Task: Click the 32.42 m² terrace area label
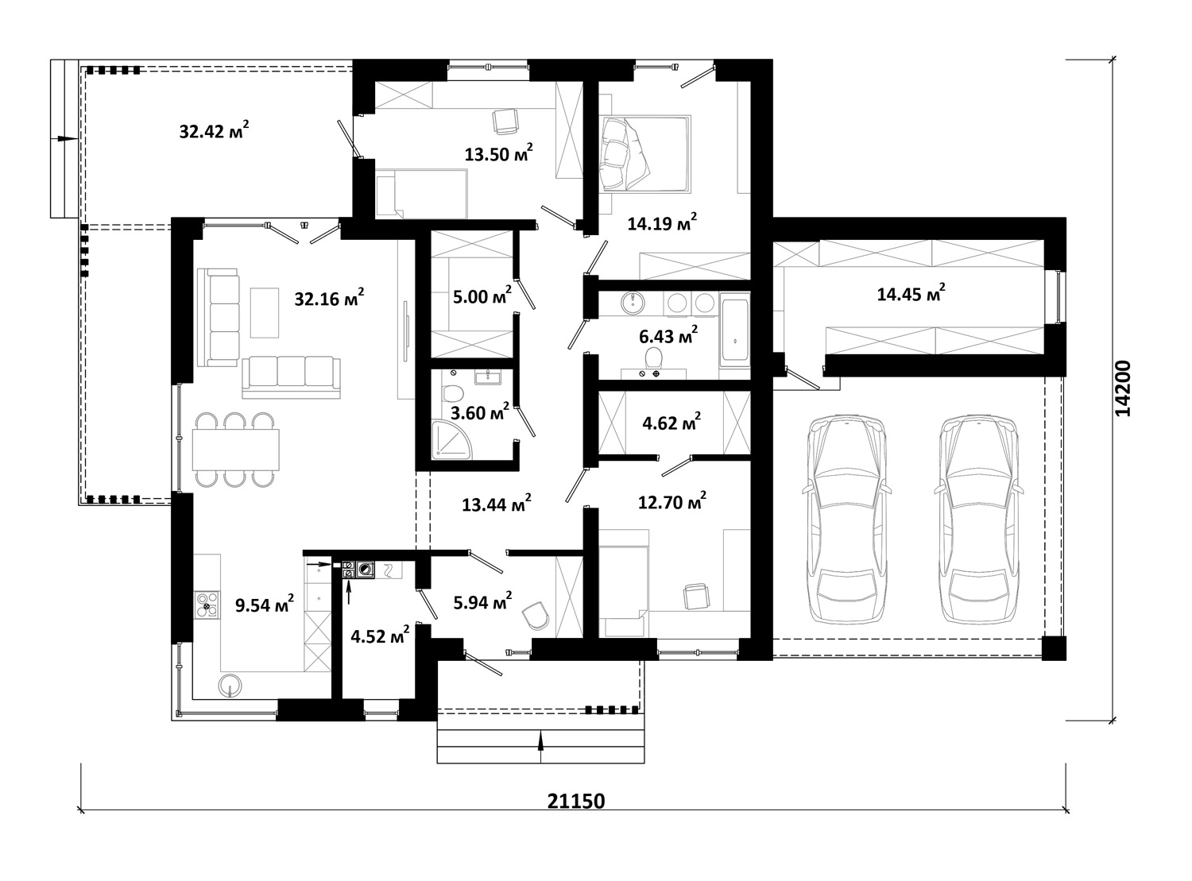pyautogui.click(x=214, y=130)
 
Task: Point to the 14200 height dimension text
pyautogui.click(x=1123, y=388)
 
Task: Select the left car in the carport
pyautogui.click(x=846, y=520)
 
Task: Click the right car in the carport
pyautogui.click(x=979, y=520)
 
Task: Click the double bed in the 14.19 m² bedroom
pyautogui.click(x=645, y=153)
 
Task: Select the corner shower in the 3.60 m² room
pyautogui.click(x=452, y=440)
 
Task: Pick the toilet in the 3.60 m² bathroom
pyautogui.click(x=453, y=393)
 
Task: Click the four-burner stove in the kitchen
pyautogui.click(x=207, y=604)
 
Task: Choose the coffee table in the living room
pyautogui.click(x=265, y=313)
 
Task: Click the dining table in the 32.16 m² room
pyautogui.click(x=236, y=449)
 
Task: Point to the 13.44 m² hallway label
pyautogui.click(x=497, y=504)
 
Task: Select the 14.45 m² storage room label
pyautogui.click(x=911, y=293)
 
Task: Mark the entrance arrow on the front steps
pyautogui.click(x=540, y=746)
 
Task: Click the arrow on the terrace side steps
pyautogui.click(x=64, y=138)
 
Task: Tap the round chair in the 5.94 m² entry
pyautogui.click(x=536, y=616)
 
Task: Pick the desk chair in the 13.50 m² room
pyautogui.click(x=505, y=122)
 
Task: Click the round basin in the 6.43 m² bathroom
pyautogui.click(x=633, y=303)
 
